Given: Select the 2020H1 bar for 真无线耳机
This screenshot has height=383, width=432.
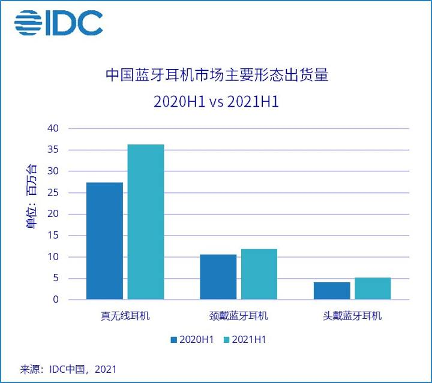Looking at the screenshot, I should point(104,241).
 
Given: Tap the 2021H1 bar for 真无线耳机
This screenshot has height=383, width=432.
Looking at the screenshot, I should point(146,222).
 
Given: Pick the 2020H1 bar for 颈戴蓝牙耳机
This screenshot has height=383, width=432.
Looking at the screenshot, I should point(218,277).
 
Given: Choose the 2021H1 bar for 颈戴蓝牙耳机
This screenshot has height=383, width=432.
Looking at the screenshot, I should point(259,274).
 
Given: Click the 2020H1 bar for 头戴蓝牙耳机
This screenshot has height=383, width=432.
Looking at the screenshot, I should point(332,291).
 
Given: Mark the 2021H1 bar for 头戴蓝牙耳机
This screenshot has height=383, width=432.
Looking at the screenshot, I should point(373,288).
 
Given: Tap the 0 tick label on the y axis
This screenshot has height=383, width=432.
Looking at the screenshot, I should point(56,300).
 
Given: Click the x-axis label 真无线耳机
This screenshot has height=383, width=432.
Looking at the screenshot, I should point(125,316).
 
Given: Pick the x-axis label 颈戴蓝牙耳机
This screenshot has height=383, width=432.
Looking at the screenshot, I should point(239,316).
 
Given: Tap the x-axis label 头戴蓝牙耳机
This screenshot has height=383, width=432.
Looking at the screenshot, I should point(352,316).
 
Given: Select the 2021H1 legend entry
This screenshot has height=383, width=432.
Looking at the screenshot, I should point(244,339).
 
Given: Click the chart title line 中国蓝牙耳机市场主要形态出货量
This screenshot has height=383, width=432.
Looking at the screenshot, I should point(217,76).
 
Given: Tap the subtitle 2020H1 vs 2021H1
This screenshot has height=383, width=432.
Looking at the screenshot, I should point(217,102).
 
